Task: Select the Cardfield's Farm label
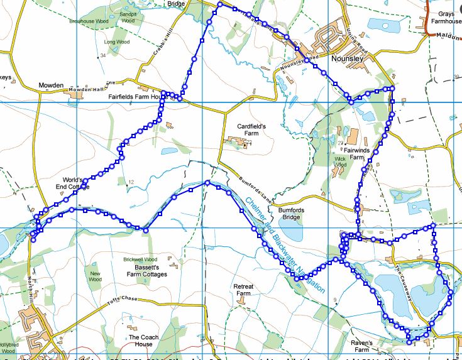coord(251,130)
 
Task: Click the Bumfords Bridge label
coord(295,212)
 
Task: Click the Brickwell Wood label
coord(140,259)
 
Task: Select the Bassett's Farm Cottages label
coord(146,271)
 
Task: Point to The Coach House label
coord(141,341)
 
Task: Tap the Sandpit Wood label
coord(128,18)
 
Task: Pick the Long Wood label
coord(116,42)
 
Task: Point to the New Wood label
coord(96,276)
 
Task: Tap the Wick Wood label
coord(340,162)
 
